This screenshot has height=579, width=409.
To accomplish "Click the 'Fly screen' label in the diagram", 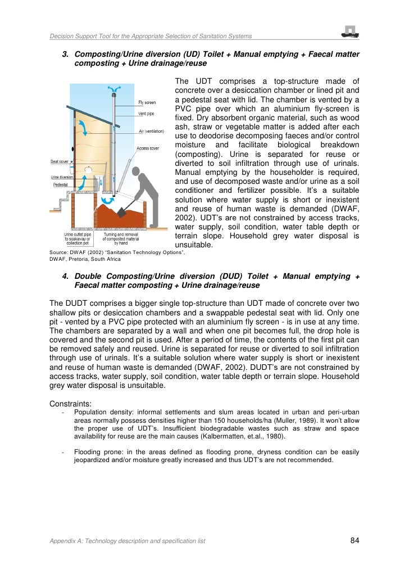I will coord(147,102).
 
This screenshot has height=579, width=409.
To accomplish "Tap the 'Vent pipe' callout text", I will coord(147,114).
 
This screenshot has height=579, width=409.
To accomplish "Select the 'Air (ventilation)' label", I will coord(151,132).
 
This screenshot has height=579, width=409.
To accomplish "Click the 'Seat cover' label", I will coord(60,161).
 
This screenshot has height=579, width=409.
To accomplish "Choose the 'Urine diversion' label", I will coord(59,178).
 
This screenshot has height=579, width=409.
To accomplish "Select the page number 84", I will coord(355,541).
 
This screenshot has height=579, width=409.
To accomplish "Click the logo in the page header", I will coord(350,32).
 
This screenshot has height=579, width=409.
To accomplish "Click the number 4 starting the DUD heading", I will coord(64,276).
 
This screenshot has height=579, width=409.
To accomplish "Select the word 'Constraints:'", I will coord(70,402).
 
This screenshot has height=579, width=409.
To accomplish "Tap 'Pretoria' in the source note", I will coord(83,259).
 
